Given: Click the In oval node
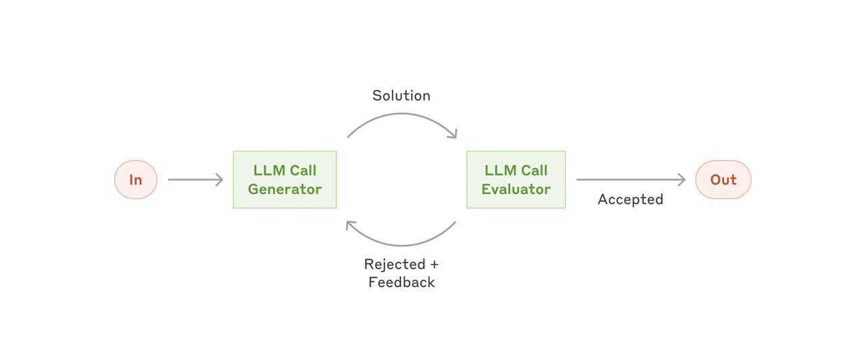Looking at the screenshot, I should pyautogui.click(x=136, y=180).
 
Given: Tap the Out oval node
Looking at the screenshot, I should pyautogui.click(x=723, y=180).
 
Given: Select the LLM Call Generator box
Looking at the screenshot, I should pyautogui.click(x=285, y=180).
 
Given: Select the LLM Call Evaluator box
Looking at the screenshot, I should pyautogui.click(x=516, y=180).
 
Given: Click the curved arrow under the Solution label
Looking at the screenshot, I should pyautogui.click(x=401, y=115).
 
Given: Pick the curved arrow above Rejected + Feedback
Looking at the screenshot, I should pyautogui.click(x=401, y=244).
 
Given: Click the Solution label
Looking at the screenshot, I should pyautogui.click(x=401, y=96).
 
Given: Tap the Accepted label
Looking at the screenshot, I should pyautogui.click(x=631, y=199).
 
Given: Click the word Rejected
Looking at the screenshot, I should pyautogui.click(x=395, y=264).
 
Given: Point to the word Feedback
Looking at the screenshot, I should pyautogui.click(x=401, y=282).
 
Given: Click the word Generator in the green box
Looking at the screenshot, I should pyautogui.click(x=285, y=189).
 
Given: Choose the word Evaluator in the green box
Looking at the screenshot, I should pyautogui.click(x=516, y=189).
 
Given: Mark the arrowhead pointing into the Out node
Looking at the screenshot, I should pyautogui.click(x=682, y=180).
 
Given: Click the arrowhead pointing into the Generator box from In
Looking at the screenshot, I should pyautogui.click(x=219, y=180).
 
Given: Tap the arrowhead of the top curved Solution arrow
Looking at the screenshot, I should pyautogui.click(x=453, y=134).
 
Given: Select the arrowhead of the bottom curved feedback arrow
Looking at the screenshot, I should pyautogui.click(x=349, y=225).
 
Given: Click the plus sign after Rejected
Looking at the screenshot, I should pyautogui.click(x=434, y=264).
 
